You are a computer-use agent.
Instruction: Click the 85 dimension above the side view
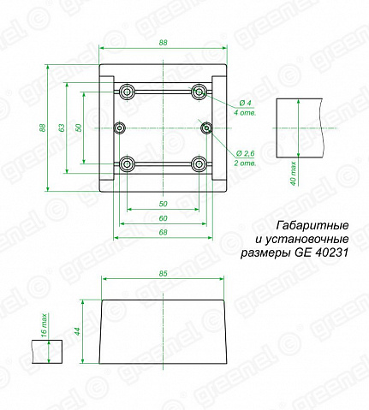[163, 273]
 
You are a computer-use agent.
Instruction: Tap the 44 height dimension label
[77, 331]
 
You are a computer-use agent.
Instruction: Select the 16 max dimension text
[44, 325]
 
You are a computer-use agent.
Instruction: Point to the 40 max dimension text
[294, 174]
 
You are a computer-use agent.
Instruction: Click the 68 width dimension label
[163, 232]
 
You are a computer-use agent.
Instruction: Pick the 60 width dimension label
[163, 218]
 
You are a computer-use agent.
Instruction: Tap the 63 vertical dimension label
[62, 128]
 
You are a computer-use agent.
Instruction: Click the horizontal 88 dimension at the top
[163, 43]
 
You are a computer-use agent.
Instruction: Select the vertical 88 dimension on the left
[42, 128]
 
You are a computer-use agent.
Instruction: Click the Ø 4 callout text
[246, 103]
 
